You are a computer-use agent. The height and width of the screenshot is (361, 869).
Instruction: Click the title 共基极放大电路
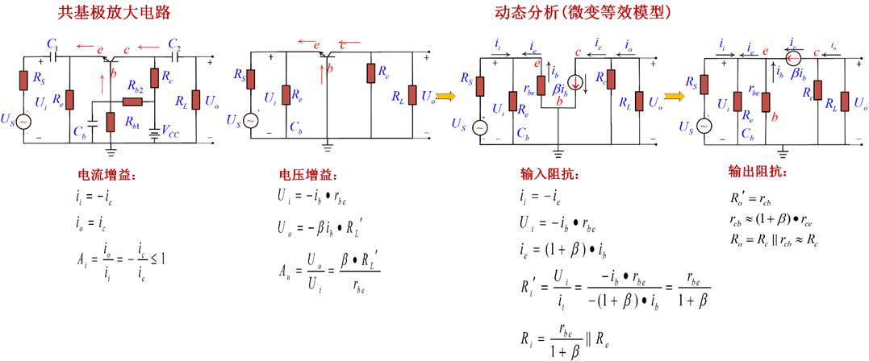click(114, 13)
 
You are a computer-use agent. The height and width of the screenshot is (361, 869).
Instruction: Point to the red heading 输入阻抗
click(550, 175)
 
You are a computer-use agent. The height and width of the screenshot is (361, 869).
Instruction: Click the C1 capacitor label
click(52, 42)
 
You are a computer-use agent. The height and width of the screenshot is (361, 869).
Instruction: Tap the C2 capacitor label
click(174, 42)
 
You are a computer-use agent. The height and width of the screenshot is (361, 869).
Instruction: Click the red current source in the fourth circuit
click(794, 56)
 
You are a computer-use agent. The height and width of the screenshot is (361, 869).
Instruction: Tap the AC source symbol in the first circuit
click(24, 121)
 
